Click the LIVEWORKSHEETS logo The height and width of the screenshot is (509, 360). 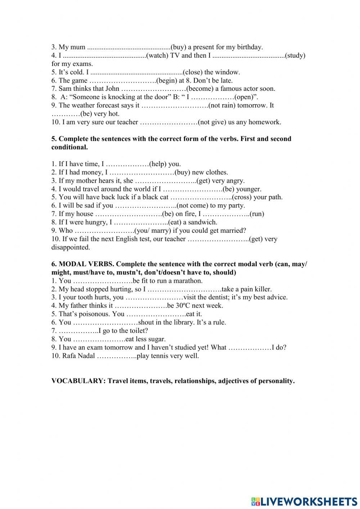[304, 501]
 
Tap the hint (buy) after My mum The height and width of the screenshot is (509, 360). [178, 47]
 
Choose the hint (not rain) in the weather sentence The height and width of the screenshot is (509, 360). [223, 105]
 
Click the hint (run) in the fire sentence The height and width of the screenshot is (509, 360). [257, 214]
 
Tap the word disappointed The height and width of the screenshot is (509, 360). [71, 247]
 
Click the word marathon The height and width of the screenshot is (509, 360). [188, 281]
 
